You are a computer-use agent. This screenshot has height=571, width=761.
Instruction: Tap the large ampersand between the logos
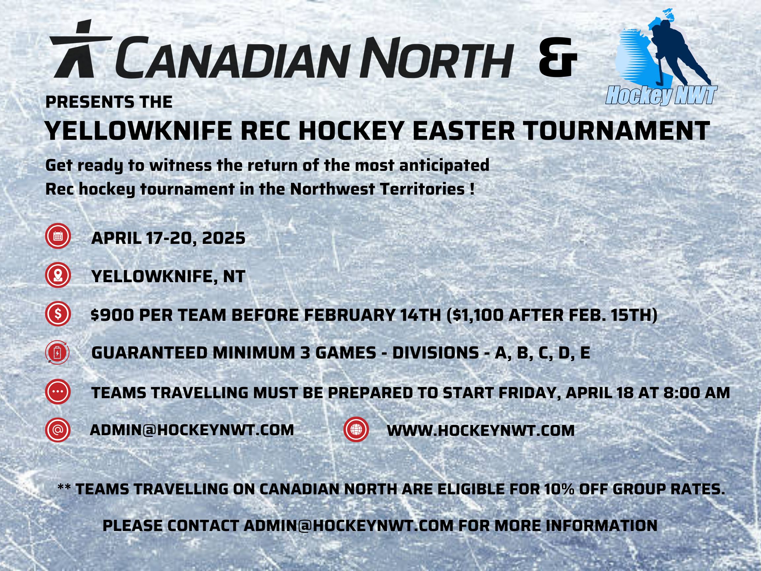pos(557,57)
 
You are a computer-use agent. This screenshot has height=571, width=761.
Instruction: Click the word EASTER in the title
pos(461,131)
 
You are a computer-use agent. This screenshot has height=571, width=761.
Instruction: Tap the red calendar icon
pos(58,236)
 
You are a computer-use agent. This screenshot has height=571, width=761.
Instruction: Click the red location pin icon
pos(58,275)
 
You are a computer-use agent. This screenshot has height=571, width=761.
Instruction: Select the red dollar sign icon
pos(58,314)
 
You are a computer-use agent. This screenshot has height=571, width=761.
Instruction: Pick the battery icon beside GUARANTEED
pos(58,353)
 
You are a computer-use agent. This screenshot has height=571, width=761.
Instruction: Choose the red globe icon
pos(356,429)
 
